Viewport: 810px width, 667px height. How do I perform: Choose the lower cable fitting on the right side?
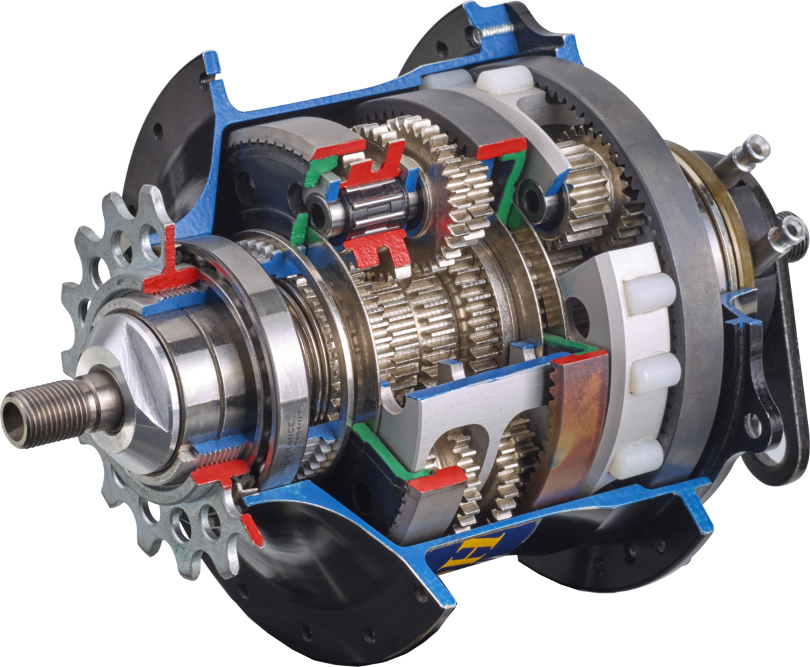point(787,233)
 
